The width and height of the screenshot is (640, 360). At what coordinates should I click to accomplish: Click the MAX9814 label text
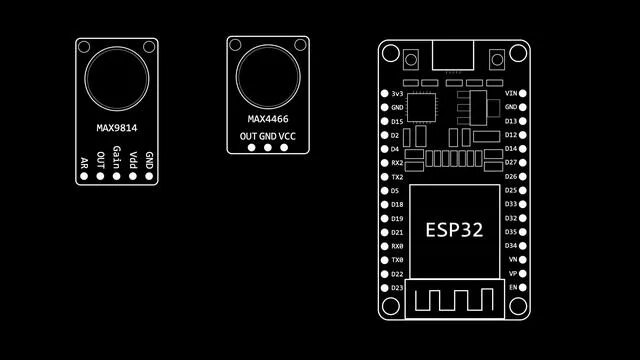[x=117, y=128]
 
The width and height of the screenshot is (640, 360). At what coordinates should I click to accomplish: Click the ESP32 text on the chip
[x=454, y=229]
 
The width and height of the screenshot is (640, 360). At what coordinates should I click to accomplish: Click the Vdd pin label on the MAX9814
[x=133, y=159]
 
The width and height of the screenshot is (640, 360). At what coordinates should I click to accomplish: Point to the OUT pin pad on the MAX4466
[x=249, y=149]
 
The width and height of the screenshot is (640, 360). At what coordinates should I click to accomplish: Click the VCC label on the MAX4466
[x=287, y=135]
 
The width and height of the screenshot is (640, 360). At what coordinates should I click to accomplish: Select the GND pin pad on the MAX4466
[x=267, y=149]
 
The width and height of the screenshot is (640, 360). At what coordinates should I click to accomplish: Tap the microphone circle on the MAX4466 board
[x=267, y=73]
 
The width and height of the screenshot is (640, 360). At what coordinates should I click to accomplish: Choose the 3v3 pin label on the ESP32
[x=397, y=93]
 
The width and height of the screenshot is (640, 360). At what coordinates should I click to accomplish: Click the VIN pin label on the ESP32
[x=511, y=93]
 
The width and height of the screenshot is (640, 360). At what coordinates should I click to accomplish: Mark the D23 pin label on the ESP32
[x=397, y=287]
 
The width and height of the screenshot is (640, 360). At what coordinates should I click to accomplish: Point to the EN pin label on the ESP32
[x=513, y=287]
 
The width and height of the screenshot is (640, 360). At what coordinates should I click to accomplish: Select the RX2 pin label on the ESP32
[x=397, y=162]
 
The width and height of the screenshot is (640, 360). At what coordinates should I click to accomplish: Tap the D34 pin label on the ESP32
[x=511, y=245]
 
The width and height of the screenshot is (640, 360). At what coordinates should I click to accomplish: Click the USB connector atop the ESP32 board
[x=455, y=55]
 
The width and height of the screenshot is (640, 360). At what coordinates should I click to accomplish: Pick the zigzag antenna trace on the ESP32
[x=455, y=298]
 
